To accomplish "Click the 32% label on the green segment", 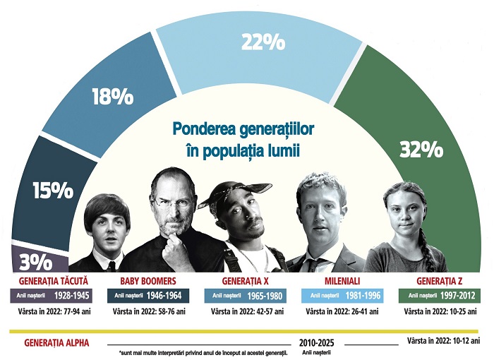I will [x=421, y=150].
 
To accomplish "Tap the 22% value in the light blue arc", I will [x=263, y=42].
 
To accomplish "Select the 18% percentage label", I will [x=112, y=97].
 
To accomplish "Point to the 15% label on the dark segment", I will [x=52, y=190].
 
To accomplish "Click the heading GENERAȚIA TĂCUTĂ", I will [x=49, y=280].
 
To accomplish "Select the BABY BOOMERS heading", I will [x=147, y=280].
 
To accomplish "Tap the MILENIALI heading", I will [x=343, y=280].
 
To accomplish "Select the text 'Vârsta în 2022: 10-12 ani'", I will [x=444, y=341].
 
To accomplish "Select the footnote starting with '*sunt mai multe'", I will [x=205, y=352].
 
